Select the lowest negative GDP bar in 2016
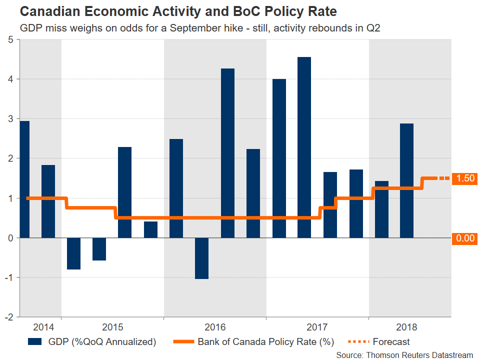coord(201,258)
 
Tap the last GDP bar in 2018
coord(406,180)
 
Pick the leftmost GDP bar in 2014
coord(24,179)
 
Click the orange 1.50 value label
coord(464,178)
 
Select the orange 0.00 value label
coord(464,238)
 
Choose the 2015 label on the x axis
coord(112,327)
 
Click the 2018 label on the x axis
coord(406,327)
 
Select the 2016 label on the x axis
coord(215,327)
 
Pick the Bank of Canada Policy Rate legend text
coord(265,342)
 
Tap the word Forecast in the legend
coord(391,342)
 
